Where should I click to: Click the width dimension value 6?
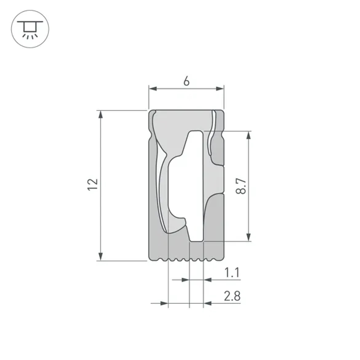186,82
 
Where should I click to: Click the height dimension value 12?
93,184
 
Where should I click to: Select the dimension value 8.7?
241,186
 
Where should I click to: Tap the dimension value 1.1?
232,273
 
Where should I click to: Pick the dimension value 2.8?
232,296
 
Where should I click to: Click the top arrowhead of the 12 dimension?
101,114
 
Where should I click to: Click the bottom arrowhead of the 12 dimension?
101,256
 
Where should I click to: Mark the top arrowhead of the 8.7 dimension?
248,135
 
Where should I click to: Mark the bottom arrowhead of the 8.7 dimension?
248,237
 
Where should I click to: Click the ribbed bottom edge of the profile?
186,259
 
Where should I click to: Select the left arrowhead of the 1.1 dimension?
185,279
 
